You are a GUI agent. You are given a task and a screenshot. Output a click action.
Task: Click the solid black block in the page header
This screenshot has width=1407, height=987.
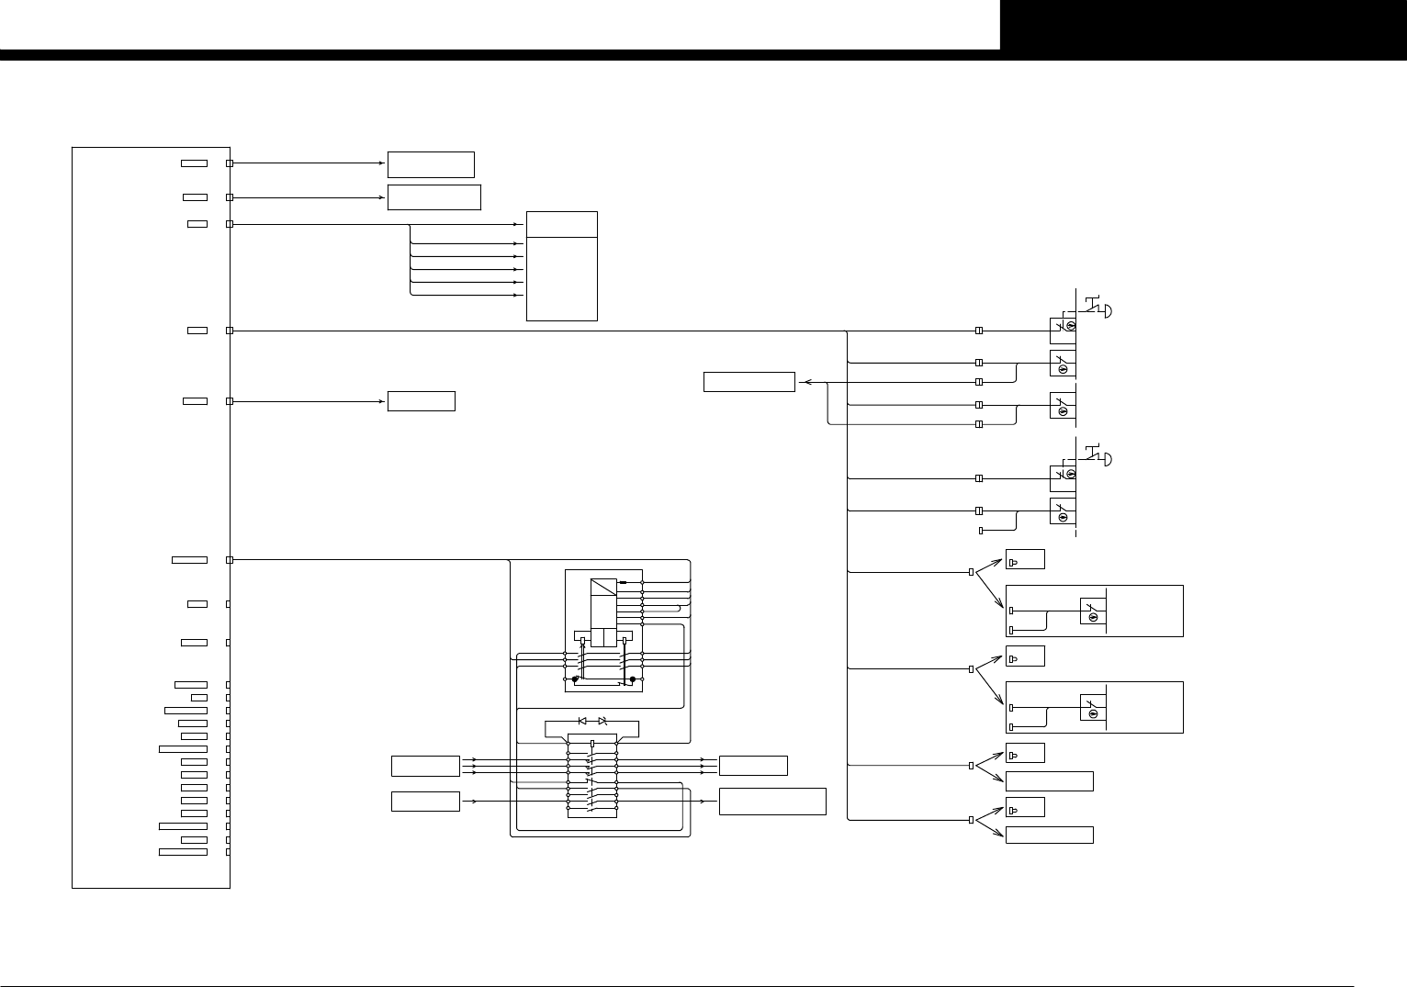coord(1203,25)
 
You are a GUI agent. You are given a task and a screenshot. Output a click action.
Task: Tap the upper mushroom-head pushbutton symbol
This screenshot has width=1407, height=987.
coord(1098,308)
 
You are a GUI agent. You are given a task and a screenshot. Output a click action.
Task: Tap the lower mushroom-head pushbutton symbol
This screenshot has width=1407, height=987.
coord(1098,456)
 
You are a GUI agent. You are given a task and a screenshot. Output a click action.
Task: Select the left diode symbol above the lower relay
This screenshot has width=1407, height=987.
coord(582,721)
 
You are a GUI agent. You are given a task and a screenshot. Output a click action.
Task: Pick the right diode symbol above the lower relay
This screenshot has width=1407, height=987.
coord(602,721)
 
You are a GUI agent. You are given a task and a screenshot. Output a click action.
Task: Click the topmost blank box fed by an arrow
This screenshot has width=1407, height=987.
coord(431,164)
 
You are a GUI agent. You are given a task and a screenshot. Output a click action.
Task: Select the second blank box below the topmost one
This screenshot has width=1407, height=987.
coord(421,401)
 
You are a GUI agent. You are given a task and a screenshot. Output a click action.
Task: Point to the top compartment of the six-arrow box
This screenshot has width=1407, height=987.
coord(561,224)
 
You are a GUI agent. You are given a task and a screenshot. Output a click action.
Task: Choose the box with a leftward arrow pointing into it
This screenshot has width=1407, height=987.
coord(749,382)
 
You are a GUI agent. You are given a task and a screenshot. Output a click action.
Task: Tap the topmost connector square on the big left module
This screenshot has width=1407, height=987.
coord(230,163)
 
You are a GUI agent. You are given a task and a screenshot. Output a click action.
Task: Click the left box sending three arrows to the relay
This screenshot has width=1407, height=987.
coord(425,766)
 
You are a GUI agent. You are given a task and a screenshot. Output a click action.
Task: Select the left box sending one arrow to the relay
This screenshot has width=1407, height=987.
coord(425,802)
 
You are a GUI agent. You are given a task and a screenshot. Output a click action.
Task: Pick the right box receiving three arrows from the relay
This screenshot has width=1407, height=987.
coord(753,766)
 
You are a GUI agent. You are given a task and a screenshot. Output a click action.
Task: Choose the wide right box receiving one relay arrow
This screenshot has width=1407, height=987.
coord(772,802)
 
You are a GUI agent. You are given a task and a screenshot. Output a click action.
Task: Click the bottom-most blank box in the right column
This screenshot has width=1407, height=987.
coord(1049,836)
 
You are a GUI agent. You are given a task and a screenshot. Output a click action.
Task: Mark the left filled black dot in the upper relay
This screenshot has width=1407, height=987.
coord(575,680)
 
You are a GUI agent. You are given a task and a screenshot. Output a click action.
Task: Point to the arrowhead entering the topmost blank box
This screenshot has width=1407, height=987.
coord(381,163)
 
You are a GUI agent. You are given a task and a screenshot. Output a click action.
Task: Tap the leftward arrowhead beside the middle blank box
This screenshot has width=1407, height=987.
coord(805,382)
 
